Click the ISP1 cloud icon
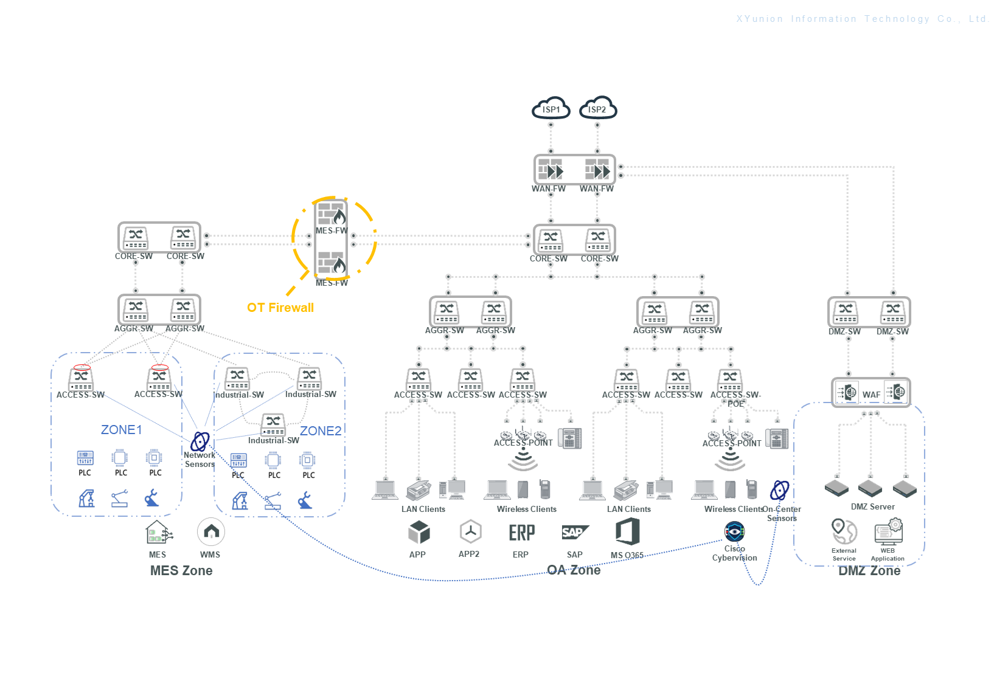coord(551,108)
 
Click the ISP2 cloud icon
coord(598,108)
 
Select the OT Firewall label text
coord(280,308)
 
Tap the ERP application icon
coord(521,533)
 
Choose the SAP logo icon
coord(574,533)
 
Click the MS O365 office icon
coord(628,531)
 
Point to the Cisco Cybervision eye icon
coord(735,531)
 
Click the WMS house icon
coord(211,532)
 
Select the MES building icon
coord(158,533)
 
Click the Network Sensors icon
coord(200,441)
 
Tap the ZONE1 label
coord(122,430)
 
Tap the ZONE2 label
coord(321,431)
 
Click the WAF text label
coord(871,395)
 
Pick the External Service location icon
coord(844,531)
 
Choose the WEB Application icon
coord(889,531)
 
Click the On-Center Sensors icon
coord(780,490)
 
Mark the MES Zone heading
coord(181,570)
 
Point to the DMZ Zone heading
coord(869,570)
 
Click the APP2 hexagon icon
coord(470,532)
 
